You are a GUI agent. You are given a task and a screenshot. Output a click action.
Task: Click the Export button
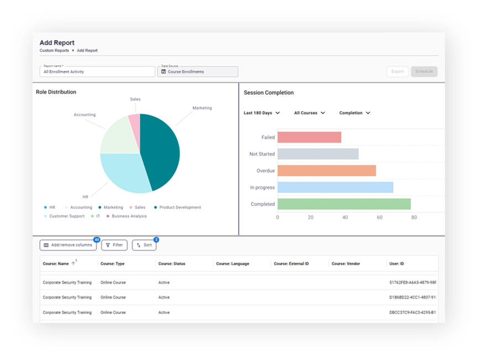pos(397,71)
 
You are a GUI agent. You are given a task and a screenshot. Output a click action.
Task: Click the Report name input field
pos(97,72)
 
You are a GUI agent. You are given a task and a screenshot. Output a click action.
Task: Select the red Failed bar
pos(309,137)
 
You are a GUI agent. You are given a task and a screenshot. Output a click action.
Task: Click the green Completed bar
pos(344,204)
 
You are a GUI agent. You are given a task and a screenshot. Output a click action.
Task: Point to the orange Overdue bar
pos(327,171)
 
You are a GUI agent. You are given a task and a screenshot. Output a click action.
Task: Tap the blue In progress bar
pos(336,187)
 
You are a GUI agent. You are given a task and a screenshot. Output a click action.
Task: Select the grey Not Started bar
pos(318,154)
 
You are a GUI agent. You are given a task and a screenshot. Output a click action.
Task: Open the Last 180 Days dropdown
pos(261,113)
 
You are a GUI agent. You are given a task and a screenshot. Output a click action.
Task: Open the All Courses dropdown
pos(309,113)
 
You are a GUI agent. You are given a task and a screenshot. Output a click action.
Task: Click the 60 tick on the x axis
pos(380,217)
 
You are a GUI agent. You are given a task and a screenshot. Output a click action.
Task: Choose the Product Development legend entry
pos(177,207)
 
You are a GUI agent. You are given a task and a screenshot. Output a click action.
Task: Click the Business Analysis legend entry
pos(127,216)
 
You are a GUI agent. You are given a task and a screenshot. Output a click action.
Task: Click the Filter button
pos(114,245)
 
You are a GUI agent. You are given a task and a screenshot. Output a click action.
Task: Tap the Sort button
pos(144,245)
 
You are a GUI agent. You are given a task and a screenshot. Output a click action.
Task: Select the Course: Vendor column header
pos(345,263)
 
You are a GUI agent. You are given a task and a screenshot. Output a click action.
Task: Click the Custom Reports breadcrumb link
pos(54,50)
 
